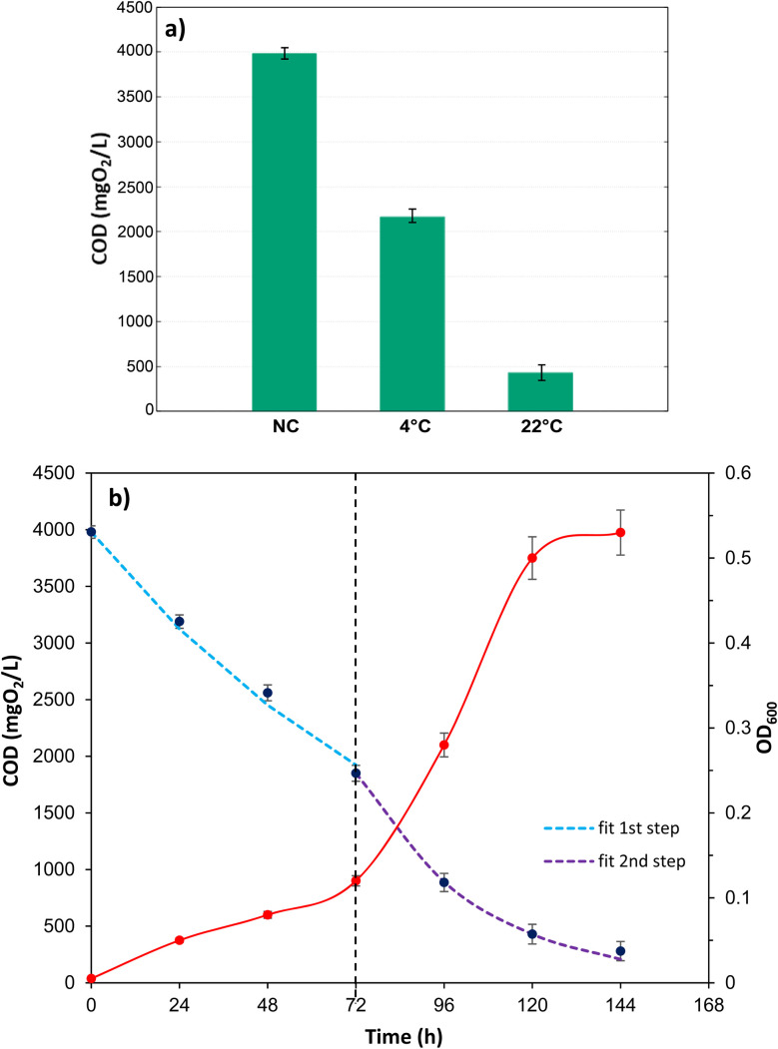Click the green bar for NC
pyautogui.click(x=284, y=231)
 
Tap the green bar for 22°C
pyautogui.click(x=540, y=390)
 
